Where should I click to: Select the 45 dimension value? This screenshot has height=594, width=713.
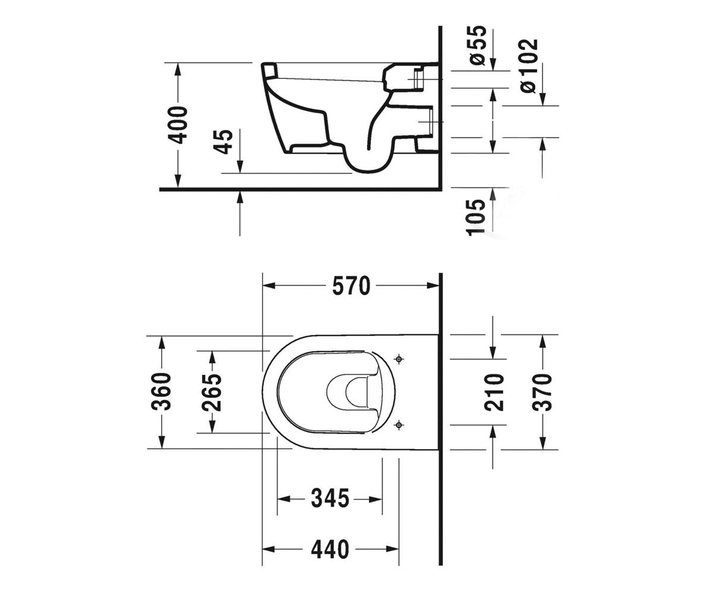(x=223, y=142)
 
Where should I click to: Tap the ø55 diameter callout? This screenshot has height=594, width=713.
(x=477, y=45)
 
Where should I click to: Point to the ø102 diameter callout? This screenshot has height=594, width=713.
(x=529, y=66)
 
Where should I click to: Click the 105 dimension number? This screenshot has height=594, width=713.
(x=476, y=217)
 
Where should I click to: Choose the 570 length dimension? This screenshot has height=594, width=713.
(x=351, y=286)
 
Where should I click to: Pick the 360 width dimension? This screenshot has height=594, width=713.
(x=161, y=391)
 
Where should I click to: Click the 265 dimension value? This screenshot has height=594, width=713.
(x=212, y=393)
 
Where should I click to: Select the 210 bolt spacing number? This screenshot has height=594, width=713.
(x=494, y=392)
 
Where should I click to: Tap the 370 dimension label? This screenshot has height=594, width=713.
(x=542, y=392)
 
